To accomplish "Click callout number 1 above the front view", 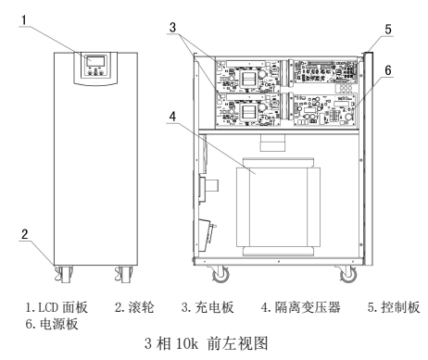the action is pyautogui.click(x=24, y=20).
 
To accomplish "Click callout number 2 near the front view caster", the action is pyautogui.click(x=25, y=234).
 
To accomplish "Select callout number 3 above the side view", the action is pyautogui.click(x=173, y=28).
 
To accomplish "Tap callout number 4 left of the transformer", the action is pyautogui.click(x=172, y=117).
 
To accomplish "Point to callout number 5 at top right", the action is pyautogui.click(x=388, y=30).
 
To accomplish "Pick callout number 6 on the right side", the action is pyautogui.click(x=388, y=70).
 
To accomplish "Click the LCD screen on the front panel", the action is pyautogui.click(x=95, y=61).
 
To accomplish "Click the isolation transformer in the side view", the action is pyautogui.click(x=278, y=207).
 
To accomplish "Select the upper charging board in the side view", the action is pyautogui.click(x=248, y=76).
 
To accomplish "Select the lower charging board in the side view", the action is pyautogui.click(x=248, y=109).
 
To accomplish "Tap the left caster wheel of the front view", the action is pyautogui.click(x=64, y=274).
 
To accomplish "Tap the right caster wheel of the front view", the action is pyautogui.click(x=123, y=274).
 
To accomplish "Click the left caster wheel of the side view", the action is pyautogui.click(x=221, y=274).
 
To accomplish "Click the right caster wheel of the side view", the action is pyautogui.click(x=348, y=274).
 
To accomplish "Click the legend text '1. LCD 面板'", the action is pyautogui.click(x=57, y=307).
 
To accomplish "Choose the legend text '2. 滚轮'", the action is pyautogui.click(x=134, y=307).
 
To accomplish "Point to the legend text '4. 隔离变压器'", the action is pyautogui.click(x=301, y=307).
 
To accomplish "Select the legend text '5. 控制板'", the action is pyautogui.click(x=394, y=307).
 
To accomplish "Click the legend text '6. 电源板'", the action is pyautogui.click(x=52, y=324).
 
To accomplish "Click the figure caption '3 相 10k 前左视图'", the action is pyautogui.click(x=206, y=343).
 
